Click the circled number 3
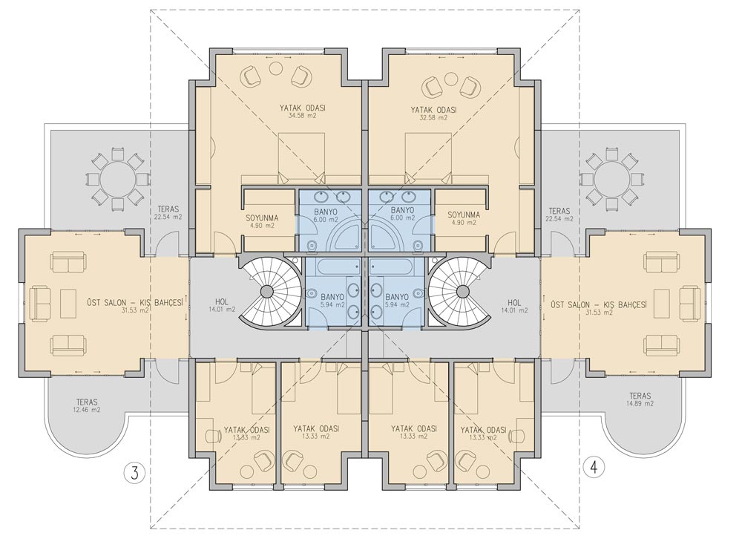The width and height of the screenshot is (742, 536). (135, 473)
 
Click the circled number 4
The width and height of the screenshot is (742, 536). (594, 468)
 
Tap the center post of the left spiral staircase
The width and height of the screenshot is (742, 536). (267, 291)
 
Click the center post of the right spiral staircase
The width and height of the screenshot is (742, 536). (463, 291)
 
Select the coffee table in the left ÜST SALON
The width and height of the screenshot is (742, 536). (68, 303)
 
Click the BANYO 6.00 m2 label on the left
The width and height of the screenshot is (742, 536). (326, 215)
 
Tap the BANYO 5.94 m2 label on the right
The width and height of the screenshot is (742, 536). (397, 301)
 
